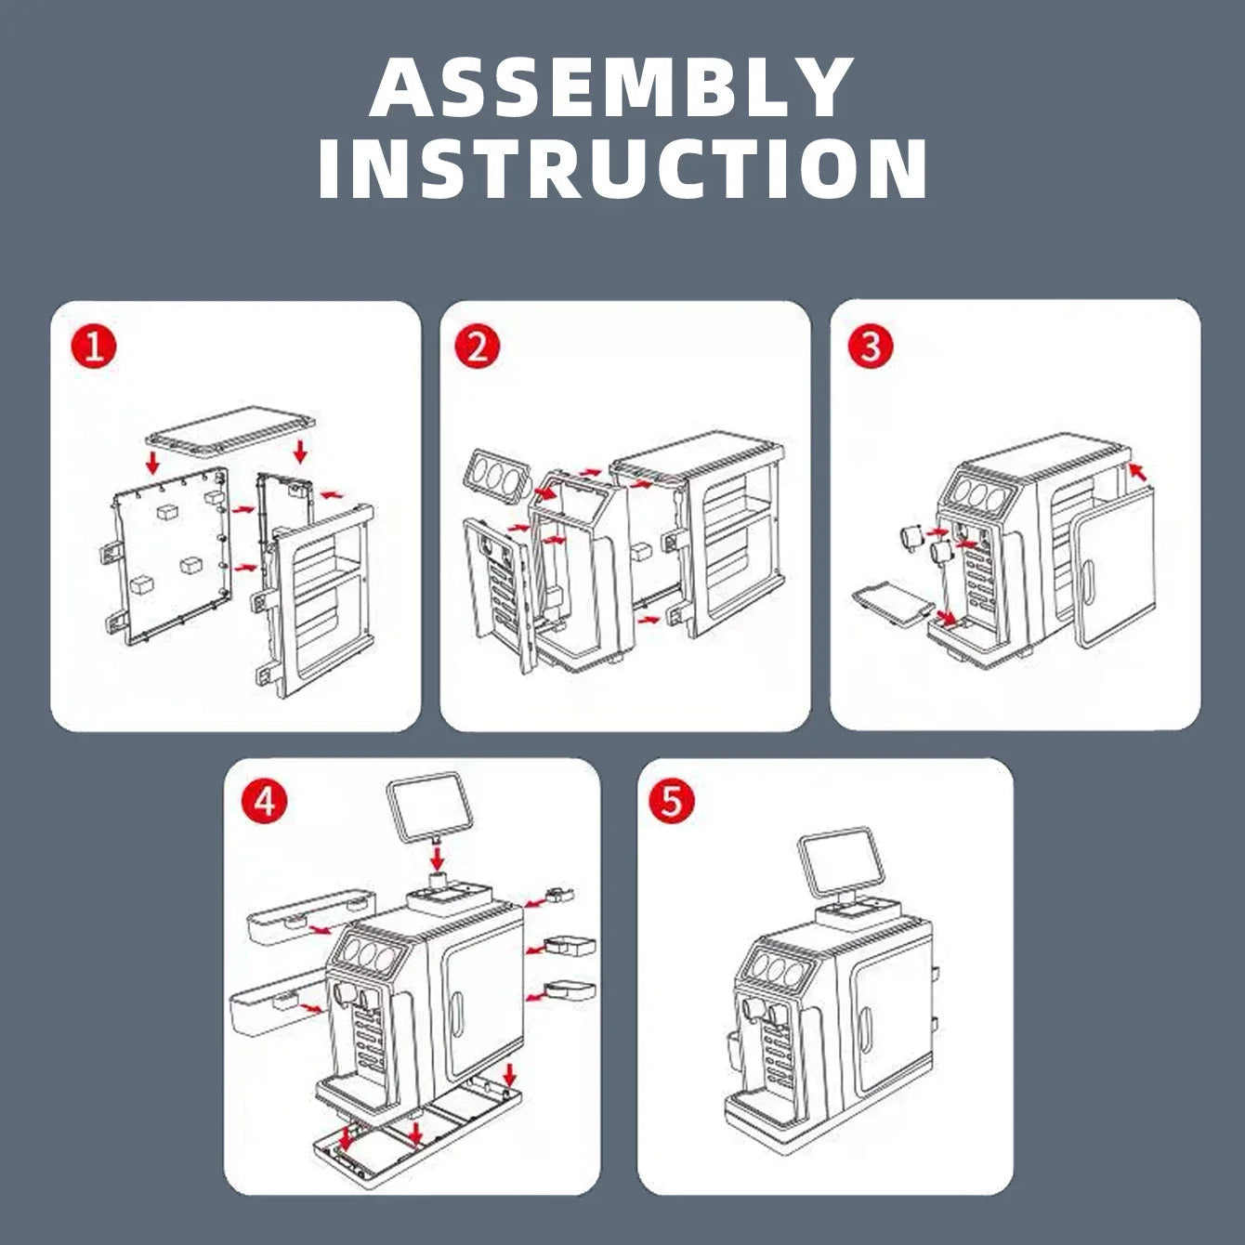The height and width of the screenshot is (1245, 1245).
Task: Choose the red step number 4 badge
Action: click(x=264, y=803)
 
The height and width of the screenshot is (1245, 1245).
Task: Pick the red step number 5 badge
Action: click(x=672, y=803)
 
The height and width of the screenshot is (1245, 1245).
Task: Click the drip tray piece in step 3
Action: click(x=892, y=604)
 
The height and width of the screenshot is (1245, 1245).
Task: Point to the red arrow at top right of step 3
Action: click(x=1139, y=471)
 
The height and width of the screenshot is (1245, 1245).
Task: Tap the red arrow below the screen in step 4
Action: click(x=438, y=858)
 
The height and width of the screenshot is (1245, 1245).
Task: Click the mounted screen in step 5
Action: click(x=841, y=864)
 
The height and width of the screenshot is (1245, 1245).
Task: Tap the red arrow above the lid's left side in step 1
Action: click(x=152, y=461)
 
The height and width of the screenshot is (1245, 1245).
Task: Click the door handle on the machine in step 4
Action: click(x=457, y=1015)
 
